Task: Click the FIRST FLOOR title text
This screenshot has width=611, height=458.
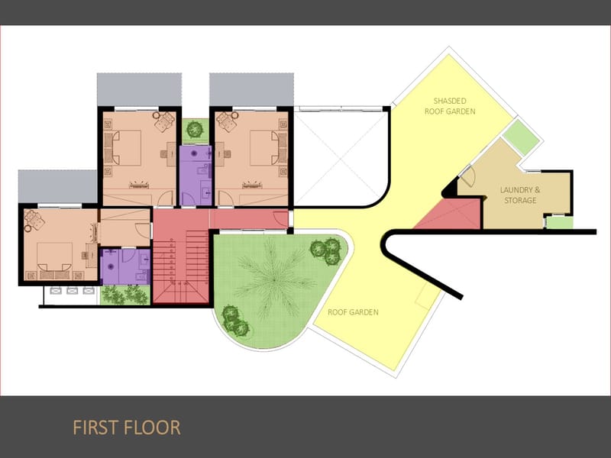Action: (127, 427)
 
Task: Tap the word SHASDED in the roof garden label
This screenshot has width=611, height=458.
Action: (450, 101)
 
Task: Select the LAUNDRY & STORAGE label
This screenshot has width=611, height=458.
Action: (520, 195)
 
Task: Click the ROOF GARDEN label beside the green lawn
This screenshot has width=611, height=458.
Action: (353, 312)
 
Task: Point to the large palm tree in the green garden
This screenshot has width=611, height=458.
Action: (274, 279)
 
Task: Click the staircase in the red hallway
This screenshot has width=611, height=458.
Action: (181, 266)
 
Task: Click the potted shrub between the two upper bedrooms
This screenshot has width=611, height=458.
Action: (195, 128)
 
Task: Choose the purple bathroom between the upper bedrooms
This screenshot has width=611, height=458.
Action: (196, 176)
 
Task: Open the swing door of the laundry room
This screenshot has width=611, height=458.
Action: (467, 176)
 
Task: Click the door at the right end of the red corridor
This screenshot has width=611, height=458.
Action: (280, 218)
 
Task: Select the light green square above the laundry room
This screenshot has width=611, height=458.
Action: (522, 137)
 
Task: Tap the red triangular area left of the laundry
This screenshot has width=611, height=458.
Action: (452, 215)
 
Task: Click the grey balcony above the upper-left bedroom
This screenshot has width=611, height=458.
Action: (139, 89)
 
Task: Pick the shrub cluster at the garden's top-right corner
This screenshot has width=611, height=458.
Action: (327, 251)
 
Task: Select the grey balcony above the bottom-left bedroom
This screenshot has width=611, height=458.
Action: (57, 186)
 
